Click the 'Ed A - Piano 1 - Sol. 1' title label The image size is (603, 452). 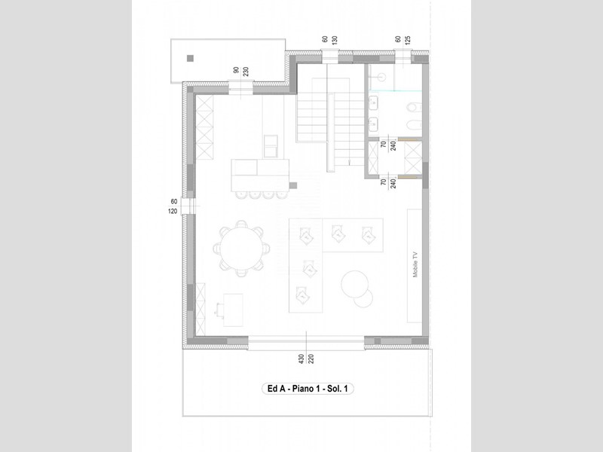[308, 389]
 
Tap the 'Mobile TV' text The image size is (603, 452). [415, 264]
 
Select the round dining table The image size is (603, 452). [241, 249]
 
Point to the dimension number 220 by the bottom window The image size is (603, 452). [311, 359]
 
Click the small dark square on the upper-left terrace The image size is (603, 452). [191, 59]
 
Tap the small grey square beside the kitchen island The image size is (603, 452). [293, 185]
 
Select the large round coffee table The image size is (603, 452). [354, 284]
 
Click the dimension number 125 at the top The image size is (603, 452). [408, 40]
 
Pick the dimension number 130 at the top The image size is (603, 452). [335, 40]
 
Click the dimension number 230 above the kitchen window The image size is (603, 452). [246, 71]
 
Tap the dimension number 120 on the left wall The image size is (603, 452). [173, 212]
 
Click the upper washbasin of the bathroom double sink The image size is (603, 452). [373, 103]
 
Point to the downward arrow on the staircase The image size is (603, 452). [349, 162]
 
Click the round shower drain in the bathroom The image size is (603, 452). [381, 77]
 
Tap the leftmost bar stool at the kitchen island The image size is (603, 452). [240, 195]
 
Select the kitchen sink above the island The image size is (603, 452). [271, 146]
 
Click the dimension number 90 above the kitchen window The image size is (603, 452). [236, 70]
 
